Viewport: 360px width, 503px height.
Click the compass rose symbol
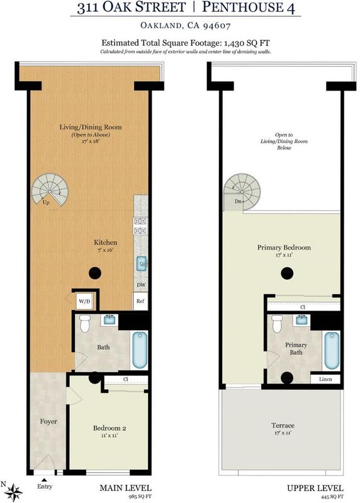point(13,492)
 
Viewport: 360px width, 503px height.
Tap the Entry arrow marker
point(44,480)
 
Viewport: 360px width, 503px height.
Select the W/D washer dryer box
point(84,302)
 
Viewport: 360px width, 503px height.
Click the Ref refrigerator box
point(140,301)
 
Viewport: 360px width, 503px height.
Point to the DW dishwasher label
point(141,285)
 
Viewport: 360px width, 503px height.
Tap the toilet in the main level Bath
point(85,324)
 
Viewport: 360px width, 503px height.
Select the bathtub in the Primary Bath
point(332,351)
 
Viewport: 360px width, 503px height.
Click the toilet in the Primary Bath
point(277,324)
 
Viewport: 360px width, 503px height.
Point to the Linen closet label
point(325,379)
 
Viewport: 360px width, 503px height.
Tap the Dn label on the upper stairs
point(238,201)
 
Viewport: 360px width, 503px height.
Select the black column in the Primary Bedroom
point(287,274)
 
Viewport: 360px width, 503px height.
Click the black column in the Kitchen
point(95,274)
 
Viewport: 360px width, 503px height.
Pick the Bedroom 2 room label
point(110,428)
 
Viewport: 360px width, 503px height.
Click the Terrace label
point(283,426)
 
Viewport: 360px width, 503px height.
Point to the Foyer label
point(48,421)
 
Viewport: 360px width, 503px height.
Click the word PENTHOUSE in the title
point(242,7)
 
